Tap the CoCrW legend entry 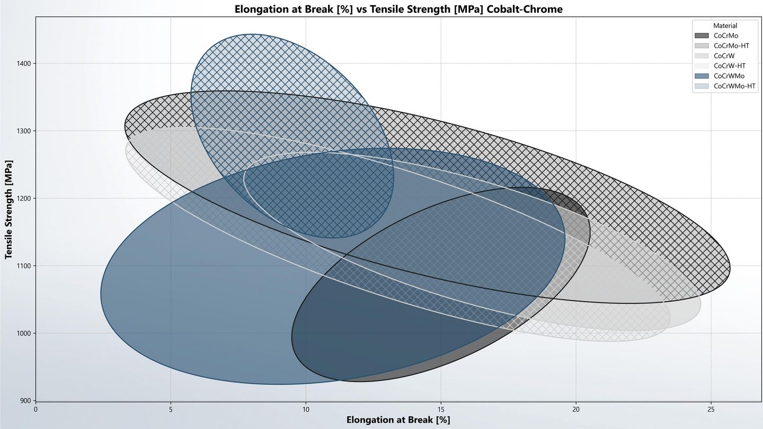pos(724,56)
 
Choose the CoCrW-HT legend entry pos(729,66)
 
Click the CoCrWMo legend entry pos(729,76)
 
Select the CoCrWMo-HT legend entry pos(734,86)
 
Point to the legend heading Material pos(725,25)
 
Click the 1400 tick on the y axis pos(24,64)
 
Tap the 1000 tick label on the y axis pos(24,333)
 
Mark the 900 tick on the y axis pos(26,400)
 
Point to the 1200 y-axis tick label pos(24,199)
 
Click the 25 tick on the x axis pos(711,409)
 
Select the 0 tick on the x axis pos(36,409)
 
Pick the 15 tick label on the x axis pos(441,409)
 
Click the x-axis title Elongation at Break pos(398,420)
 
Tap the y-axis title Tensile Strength pos(9,209)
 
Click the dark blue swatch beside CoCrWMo pos(702,76)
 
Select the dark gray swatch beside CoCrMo pos(702,35)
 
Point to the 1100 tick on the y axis pos(24,266)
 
